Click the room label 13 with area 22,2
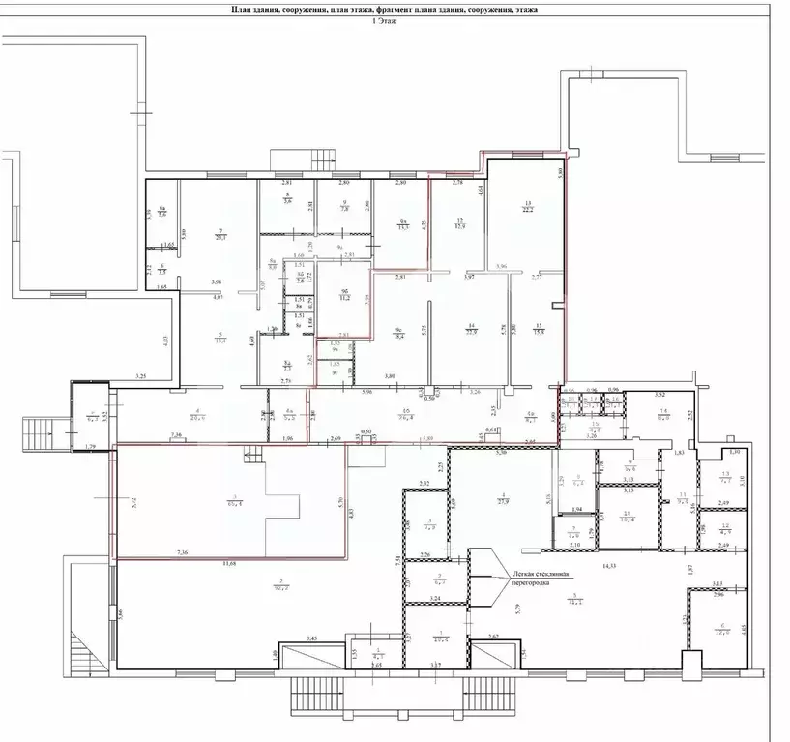click(528, 205)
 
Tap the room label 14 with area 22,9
click(472, 328)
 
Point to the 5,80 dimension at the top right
click(560, 173)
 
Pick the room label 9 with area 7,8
click(344, 205)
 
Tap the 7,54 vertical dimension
click(398, 561)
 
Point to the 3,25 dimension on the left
click(141, 375)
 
